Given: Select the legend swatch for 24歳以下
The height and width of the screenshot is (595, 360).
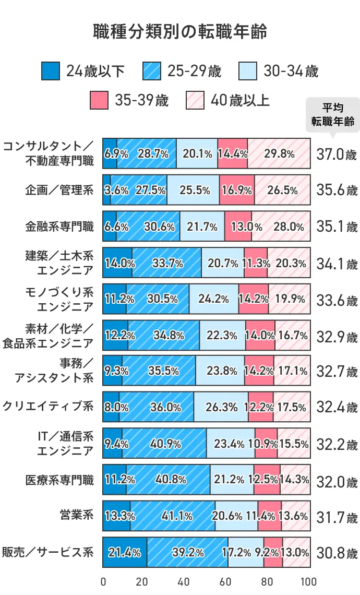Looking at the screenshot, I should (x=50, y=71).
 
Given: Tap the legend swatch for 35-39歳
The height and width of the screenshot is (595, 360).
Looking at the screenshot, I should (x=99, y=100).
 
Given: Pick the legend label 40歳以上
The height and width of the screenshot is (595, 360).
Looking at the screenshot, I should (x=240, y=100).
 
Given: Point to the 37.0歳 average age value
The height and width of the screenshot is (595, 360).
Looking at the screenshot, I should (x=337, y=154).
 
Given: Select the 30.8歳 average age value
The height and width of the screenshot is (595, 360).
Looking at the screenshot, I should (x=337, y=553).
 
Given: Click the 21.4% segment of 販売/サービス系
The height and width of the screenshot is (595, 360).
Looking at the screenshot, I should (x=125, y=552).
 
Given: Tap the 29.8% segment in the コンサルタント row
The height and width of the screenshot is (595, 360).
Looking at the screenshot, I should (x=279, y=154).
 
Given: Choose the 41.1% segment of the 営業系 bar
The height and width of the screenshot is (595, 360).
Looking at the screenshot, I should (x=173, y=516).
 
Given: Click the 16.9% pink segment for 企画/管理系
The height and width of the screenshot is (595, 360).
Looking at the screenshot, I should (x=237, y=191).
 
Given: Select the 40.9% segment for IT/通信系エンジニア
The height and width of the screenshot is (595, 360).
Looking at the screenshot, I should (x=164, y=444).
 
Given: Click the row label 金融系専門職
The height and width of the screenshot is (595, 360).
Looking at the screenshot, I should (x=59, y=227).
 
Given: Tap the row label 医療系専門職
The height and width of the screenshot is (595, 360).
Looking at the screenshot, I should (x=59, y=480).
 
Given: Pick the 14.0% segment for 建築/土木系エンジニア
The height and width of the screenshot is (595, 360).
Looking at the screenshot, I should (x=117, y=263).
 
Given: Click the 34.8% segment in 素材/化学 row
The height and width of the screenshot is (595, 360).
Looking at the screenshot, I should (x=164, y=335).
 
